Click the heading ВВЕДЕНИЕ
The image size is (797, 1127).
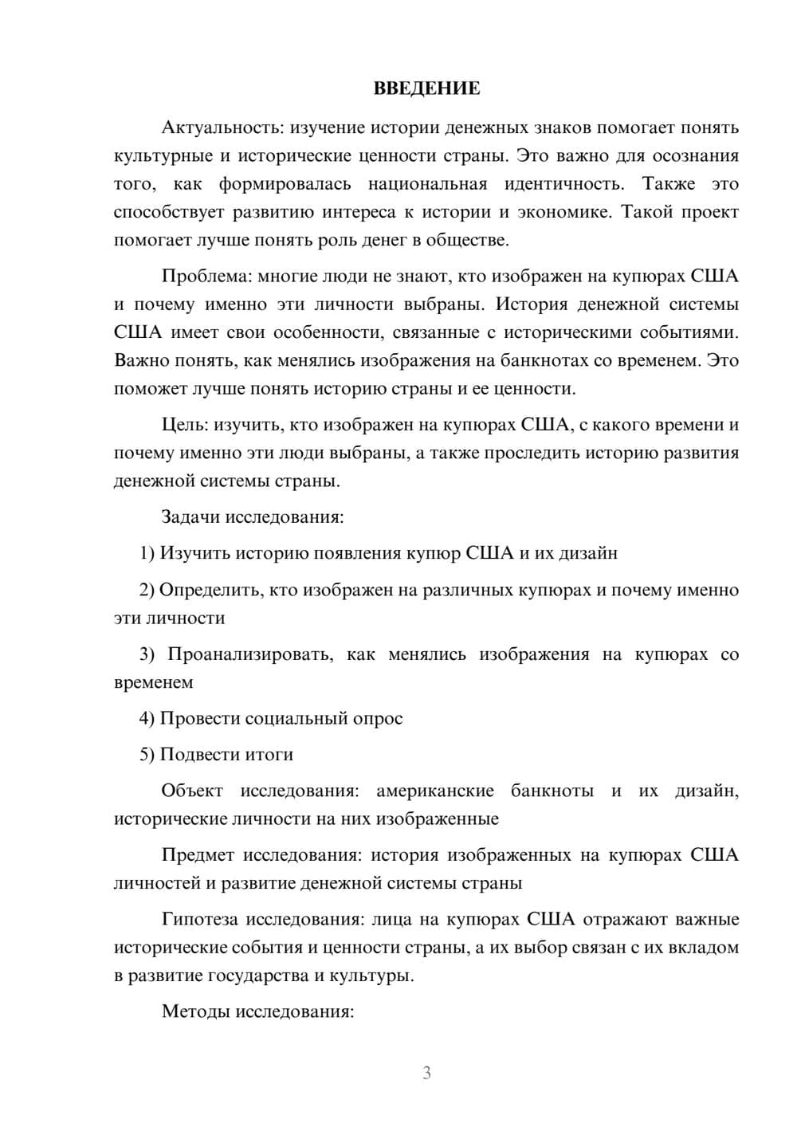[426, 88]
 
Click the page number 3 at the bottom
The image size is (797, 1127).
[426, 1073]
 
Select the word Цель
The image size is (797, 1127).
[184, 425]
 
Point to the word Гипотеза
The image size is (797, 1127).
[199, 919]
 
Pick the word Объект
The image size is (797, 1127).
[191, 791]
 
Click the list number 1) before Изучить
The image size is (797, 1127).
[147, 553]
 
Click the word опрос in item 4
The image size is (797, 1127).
[378, 718]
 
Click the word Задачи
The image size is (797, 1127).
[190, 516]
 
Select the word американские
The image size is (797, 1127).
[434, 791]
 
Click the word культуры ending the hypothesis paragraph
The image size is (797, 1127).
[375, 976]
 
